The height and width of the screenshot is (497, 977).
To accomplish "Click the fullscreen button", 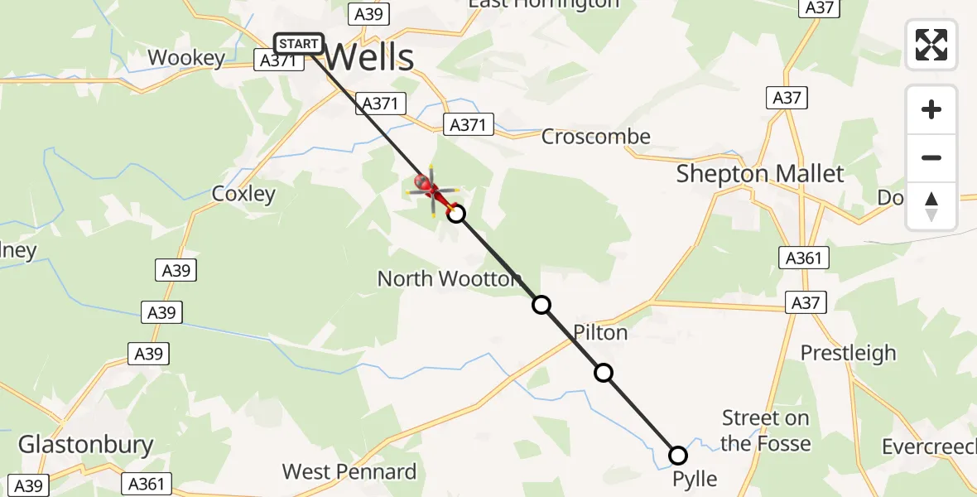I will pyautogui.click(x=931, y=45).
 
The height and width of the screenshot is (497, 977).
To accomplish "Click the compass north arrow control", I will pyautogui.click(x=931, y=206).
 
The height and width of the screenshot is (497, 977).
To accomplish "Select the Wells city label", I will pyautogui.click(x=368, y=58).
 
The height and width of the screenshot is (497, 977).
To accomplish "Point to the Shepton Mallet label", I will pyautogui.click(x=760, y=174).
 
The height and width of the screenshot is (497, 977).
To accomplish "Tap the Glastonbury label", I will pyautogui.click(x=86, y=444).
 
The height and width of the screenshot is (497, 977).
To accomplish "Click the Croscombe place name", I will pyautogui.click(x=596, y=137).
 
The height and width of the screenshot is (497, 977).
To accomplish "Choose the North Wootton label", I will pyautogui.click(x=450, y=278).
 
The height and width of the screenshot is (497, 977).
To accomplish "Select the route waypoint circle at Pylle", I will pyautogui.click(x=678, y=456).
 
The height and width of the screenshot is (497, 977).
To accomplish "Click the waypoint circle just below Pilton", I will pyautogui.click(x=604, y=373).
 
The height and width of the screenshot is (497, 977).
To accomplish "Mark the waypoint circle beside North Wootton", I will pyautogui.click(x=541, y=305).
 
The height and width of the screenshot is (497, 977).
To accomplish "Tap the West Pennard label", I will pyautogui.click(x=349, y=472).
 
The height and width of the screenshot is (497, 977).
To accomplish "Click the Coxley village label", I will pyautogui.click(x=243, y=194).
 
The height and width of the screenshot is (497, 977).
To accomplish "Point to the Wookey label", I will pyautogui.click(x=186, y=58).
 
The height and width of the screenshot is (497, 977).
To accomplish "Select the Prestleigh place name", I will pyautogui.click(x=848, y=353).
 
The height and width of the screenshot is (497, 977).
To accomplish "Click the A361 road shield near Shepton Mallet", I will pyautogui.click(x=804, y=258).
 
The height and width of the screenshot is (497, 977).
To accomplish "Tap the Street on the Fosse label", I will pyautogui.click(x=765, y=431).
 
